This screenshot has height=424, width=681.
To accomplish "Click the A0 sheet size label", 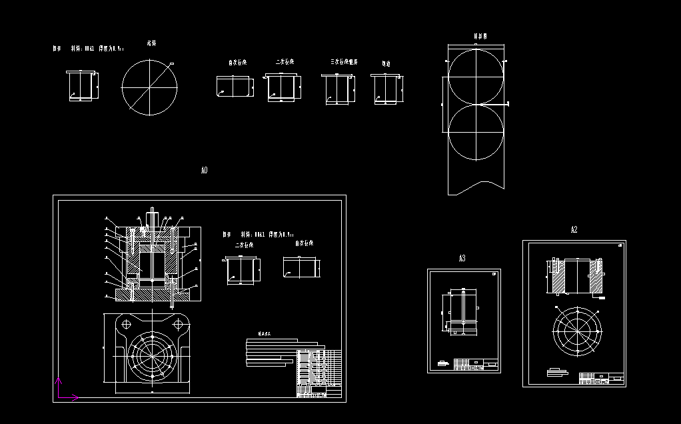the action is click(204, 171).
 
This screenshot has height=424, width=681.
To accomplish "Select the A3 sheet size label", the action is click(462, 258).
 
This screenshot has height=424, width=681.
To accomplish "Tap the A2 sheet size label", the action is click(574, 230).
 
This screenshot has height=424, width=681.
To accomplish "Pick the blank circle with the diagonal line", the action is click(150, 87).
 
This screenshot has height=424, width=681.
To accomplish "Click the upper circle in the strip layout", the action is click(476, 77).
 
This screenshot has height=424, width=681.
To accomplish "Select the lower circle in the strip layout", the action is click(476, 133).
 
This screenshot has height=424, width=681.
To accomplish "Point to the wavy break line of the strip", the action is click(476, 185).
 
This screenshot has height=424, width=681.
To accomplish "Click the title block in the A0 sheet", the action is click(318, 373).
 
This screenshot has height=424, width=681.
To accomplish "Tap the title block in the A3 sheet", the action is click(476, 364).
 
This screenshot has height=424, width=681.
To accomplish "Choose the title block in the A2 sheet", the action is click(602, 378).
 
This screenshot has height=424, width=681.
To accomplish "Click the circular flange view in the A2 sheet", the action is click(578, 331).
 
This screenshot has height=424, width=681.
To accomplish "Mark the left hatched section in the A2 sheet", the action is click(558, 276).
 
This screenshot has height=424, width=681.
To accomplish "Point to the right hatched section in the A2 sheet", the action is click(597, 276).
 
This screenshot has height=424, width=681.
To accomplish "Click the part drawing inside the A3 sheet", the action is click(461, 310).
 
